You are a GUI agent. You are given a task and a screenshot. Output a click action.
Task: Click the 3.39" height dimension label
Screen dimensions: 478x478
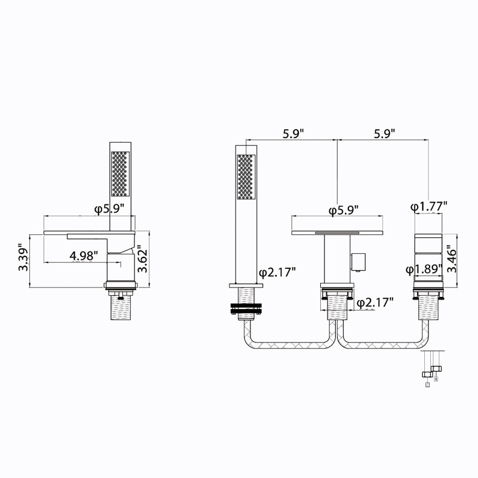point(23,258)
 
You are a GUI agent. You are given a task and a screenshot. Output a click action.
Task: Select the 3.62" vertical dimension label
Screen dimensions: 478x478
point(142,259)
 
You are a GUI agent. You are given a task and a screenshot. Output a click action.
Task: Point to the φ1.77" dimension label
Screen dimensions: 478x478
point(428,207)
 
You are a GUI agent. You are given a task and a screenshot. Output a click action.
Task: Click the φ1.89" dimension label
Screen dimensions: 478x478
point(424,269)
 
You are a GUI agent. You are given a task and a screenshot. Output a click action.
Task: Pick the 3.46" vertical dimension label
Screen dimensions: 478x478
point(451,259)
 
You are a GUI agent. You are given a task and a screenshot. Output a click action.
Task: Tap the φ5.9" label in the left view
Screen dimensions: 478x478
point(109,210)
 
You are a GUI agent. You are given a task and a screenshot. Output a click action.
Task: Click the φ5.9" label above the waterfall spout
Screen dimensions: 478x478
point(343,210)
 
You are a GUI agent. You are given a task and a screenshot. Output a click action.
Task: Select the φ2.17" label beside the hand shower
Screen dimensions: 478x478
point(277,272)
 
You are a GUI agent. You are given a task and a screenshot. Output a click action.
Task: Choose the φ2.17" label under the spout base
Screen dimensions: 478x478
point(375,302)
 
